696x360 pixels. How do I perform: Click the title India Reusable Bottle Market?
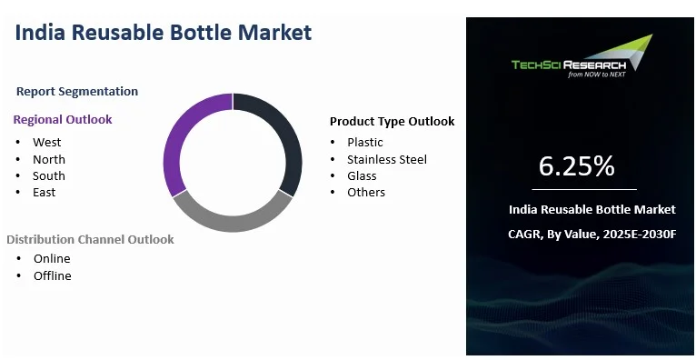pos(164,33)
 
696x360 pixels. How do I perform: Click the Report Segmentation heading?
pos(77,91)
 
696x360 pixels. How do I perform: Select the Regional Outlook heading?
pos(63,119)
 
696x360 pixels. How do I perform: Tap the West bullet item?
pos(47,142)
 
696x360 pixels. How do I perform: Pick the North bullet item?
pos(49,159)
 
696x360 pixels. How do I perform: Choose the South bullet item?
pos(49,175)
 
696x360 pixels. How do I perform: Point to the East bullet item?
pos(45,192)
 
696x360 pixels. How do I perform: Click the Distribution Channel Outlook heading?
pos(90,239)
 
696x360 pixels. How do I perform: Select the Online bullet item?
pos(52,258)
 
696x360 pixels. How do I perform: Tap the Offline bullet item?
pos(53,275)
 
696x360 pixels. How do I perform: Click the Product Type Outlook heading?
pos(392,121)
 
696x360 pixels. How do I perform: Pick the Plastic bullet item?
pos(365,142)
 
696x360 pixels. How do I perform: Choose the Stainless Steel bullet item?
pos(387,159)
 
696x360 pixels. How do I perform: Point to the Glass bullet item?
pos(362,175)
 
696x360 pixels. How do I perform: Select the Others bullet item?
pos(366,192)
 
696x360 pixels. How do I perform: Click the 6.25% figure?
pos(576,166)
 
